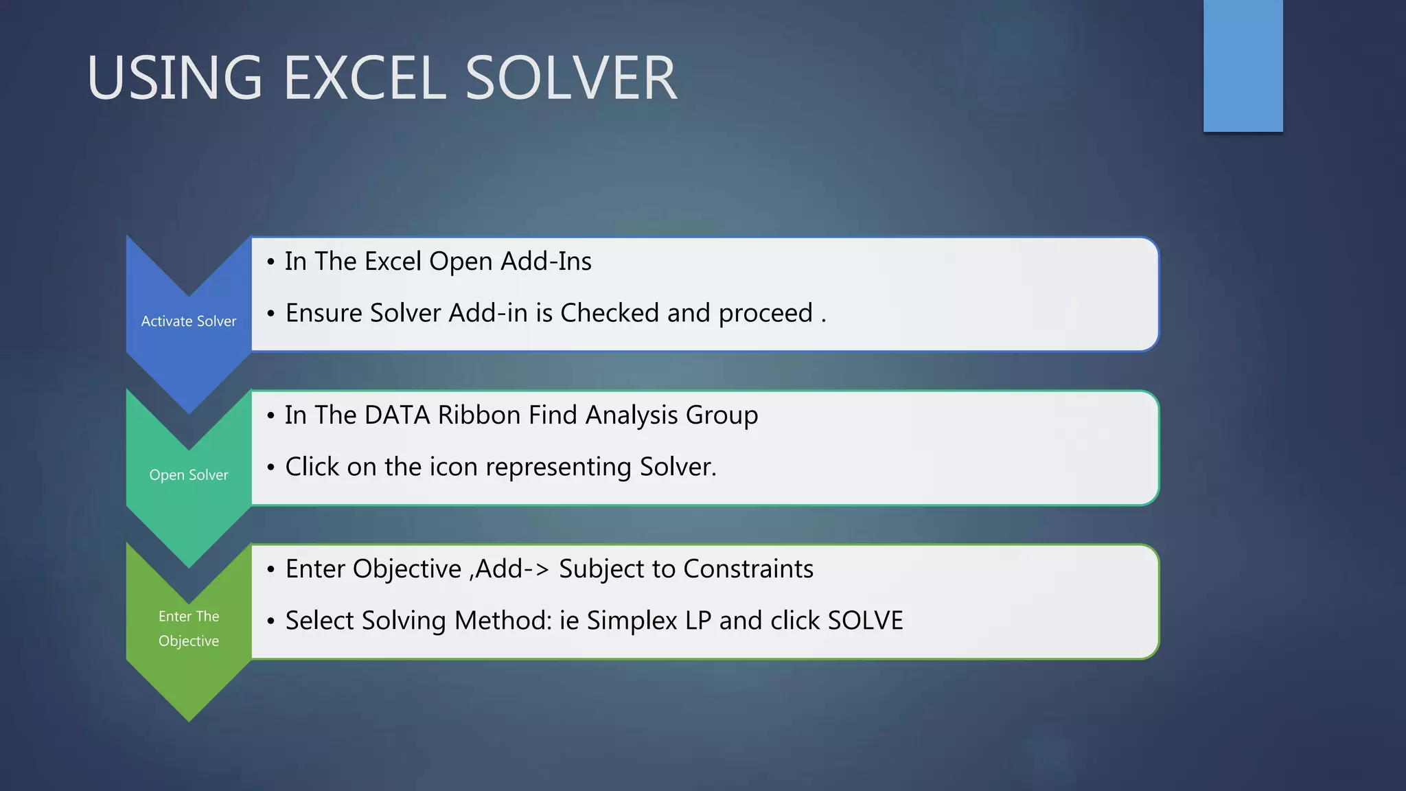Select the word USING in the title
pos(174,78)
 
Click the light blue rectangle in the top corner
pos(1243,65)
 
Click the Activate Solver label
pos(189,321)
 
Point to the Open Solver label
pos(189,475)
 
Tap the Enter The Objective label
pos(189,628)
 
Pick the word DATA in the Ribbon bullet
pos(397,415)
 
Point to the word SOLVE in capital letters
pos(865,621)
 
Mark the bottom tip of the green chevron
pos(189,720)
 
